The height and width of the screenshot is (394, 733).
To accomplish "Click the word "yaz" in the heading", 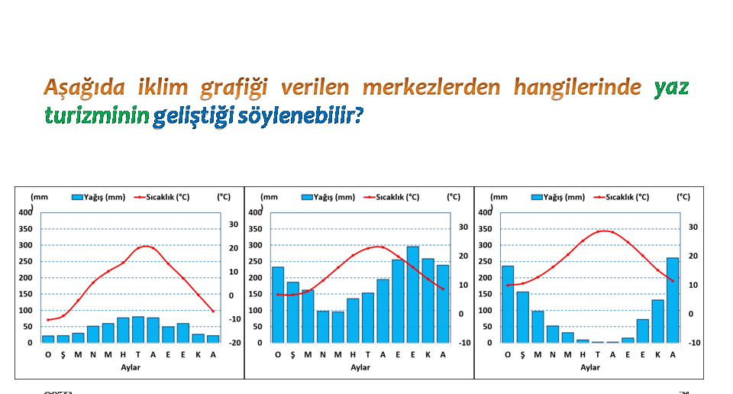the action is [x=671, y=88].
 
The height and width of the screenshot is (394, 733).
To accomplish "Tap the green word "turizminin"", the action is [x=97, y=115].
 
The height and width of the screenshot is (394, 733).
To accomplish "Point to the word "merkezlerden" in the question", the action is [x=431, y=87].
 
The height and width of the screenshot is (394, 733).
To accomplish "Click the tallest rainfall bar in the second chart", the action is [x=413, y=295].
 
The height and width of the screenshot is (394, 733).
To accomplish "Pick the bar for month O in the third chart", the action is [x=508, y=304].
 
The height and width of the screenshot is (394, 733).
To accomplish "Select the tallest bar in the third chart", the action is [x=672, y=300].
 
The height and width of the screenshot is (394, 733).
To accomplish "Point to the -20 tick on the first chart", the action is [x=235, y=343].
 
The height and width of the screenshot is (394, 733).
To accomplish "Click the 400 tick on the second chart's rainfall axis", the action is [x=255, y=213].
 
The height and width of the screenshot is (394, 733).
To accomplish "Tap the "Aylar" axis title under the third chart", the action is [x=590, y=367].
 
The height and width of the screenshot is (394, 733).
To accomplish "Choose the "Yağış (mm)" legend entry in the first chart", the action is [x=98, y=197].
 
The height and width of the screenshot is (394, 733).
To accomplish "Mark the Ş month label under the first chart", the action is [x=63, y=355].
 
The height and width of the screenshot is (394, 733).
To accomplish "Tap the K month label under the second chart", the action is [x=428, y=355].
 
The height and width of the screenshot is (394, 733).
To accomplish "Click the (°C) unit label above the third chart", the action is [x=683, y=197].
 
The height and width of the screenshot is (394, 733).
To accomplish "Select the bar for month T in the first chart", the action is [x=138, y=330].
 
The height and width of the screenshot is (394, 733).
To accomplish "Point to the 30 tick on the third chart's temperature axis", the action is [x=693, y=227].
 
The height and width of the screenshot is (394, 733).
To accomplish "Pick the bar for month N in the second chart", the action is [x=323, y=327].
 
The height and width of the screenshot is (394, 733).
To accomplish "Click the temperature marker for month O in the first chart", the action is [x=47, y=320].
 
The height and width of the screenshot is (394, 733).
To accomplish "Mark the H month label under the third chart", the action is [x=583, y=355].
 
